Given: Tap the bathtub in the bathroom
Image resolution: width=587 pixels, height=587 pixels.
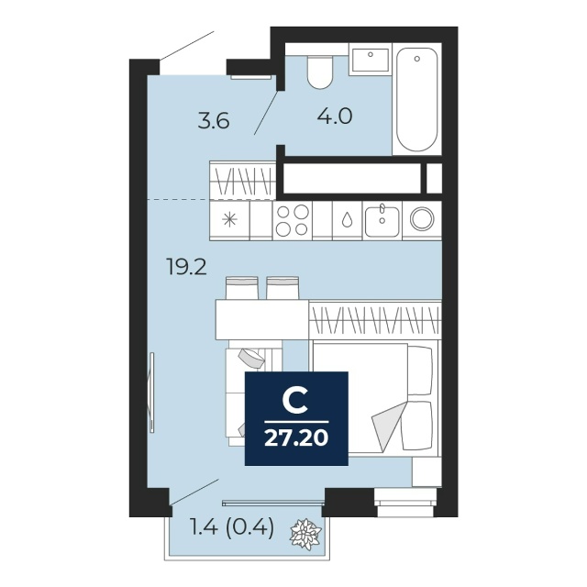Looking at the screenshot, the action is (416, 99).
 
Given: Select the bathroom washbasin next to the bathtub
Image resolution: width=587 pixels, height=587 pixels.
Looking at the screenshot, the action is (370, 60).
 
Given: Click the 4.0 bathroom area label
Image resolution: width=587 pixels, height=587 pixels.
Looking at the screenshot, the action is (335, 116).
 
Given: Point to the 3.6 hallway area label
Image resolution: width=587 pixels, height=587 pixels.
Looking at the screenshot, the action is (214, 122).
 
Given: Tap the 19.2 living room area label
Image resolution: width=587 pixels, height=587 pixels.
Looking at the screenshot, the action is (186, 268).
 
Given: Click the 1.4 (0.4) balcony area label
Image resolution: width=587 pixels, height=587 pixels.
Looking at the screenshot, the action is (232, 528).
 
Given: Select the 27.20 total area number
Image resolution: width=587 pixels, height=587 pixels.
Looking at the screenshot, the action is (296, 438).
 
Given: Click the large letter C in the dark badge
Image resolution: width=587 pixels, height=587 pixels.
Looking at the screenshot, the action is (295, 400).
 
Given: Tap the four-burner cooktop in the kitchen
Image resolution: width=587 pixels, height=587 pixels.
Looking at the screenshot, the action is (293, 220).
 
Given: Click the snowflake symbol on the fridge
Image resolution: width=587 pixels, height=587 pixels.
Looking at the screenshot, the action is (229, 219).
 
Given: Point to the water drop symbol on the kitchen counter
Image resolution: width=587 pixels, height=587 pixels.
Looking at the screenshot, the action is (348, 220).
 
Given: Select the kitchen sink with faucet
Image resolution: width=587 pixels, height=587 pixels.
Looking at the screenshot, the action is (382, 220).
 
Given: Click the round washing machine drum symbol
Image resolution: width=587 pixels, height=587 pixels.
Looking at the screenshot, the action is (422, 219).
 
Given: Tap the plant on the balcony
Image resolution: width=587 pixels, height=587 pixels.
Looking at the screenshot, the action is (305, 534).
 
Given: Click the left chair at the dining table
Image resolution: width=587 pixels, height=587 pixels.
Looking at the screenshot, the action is (242, 288).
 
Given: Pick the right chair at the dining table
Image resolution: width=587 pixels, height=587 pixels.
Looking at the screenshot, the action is (282, 288).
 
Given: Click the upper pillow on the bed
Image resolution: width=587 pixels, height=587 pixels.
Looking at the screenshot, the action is (420, 371).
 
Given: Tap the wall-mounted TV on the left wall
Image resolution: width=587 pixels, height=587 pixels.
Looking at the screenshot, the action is (151, 393).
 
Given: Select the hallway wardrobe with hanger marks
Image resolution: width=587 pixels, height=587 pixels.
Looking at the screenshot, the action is (242, 181).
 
